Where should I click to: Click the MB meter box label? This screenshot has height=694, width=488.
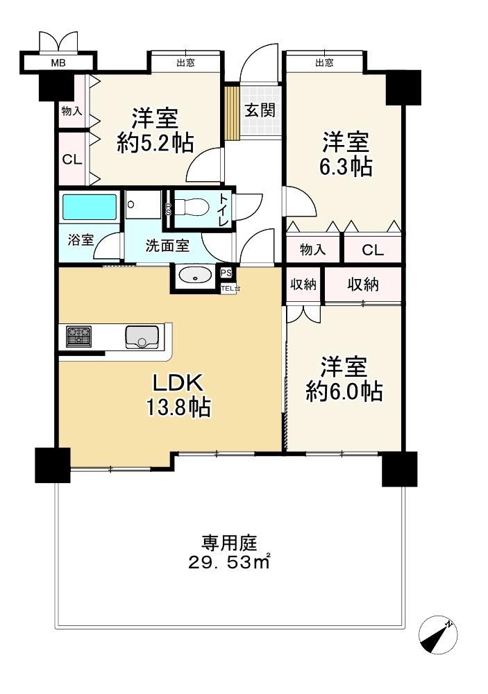58,63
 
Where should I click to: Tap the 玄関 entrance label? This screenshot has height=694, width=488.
260,110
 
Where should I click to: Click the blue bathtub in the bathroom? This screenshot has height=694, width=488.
90,207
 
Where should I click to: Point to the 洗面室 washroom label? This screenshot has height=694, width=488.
167,246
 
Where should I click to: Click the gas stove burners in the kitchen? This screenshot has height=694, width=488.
79,337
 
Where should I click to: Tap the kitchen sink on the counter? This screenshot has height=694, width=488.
142,337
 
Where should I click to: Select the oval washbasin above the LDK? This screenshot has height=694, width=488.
195,276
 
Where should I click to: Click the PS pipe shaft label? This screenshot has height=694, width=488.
226,273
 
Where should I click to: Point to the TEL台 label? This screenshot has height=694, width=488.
230,289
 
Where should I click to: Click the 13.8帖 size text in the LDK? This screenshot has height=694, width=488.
178,407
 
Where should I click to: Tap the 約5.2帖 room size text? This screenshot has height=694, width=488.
155,144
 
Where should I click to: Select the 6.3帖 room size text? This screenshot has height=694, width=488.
346,167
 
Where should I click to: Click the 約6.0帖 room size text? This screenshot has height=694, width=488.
344,391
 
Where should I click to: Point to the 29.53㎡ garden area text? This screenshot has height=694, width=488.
229,563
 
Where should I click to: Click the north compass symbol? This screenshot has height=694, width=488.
438,635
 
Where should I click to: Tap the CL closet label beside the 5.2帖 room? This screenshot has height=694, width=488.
72,160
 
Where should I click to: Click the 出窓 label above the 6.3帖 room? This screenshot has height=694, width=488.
324,63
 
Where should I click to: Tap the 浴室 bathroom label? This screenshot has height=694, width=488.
81,240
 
